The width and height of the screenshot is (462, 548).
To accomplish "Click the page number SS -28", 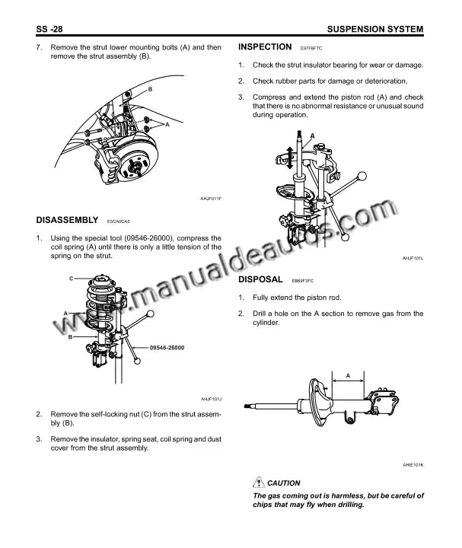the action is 49,29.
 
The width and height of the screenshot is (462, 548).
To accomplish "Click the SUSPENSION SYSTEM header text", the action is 375,29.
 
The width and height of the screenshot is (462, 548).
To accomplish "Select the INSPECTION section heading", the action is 265,47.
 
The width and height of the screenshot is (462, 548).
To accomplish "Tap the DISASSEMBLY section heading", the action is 67,220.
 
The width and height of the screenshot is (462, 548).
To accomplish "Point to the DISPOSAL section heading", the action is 260,279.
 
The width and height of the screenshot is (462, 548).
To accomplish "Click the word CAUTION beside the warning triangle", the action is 283,483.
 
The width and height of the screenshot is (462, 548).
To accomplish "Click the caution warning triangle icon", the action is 258,483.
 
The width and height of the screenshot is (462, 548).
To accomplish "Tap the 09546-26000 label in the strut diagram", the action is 167,348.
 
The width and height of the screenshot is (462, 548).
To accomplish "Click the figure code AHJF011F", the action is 211,199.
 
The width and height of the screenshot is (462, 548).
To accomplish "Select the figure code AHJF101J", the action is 211,399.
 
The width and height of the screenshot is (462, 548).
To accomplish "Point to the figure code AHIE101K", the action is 413,465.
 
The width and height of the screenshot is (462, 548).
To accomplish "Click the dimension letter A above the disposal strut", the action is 348,376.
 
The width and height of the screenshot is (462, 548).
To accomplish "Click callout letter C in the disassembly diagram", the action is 72,279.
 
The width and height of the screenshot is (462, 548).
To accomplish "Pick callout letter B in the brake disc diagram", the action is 150,89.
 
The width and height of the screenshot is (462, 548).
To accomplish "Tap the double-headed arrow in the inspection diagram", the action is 290,158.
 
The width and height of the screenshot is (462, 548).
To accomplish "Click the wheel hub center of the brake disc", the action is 135,167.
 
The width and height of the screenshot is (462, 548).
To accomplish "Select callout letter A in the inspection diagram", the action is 312,135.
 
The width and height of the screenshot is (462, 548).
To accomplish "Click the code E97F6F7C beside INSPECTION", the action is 311,48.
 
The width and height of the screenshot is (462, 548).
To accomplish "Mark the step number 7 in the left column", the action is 39,47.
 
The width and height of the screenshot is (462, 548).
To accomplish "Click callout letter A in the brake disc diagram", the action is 167,124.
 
